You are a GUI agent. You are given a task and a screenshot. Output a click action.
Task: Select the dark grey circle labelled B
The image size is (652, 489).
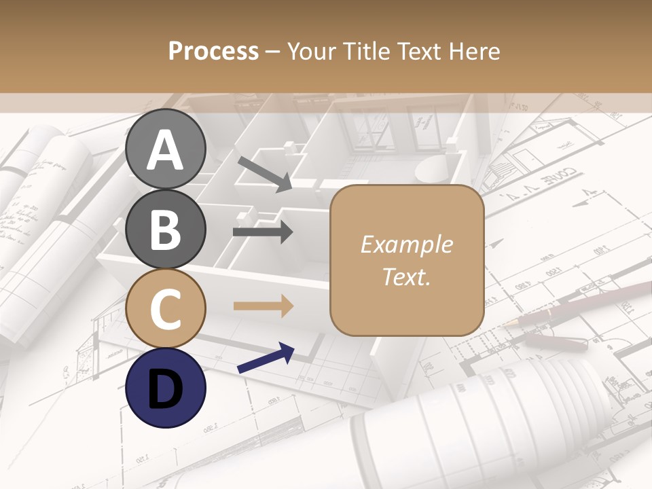[x=166, y=229]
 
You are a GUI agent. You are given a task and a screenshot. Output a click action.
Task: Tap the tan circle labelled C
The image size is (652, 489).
[x=166, y=308]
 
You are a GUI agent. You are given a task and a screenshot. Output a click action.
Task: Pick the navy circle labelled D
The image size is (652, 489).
[x=166, y=388]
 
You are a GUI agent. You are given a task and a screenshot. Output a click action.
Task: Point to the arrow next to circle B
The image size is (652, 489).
[x=263, y=232]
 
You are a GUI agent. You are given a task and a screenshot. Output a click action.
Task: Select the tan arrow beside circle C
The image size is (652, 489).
[x=264, y=306]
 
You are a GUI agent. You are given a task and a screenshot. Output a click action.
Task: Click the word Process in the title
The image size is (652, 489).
[x=213, y=52]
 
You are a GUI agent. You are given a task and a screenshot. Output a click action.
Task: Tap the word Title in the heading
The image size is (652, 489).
[x=367, y=52]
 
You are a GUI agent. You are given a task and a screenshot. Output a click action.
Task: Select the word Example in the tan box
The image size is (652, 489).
[x=406, y=244]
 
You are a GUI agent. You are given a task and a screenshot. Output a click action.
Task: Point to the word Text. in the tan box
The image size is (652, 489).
[x=406, y=276]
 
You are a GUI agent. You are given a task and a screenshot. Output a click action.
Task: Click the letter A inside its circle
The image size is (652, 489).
[x=166, y=150]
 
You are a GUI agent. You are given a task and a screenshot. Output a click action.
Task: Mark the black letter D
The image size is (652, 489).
[x=166, y=388]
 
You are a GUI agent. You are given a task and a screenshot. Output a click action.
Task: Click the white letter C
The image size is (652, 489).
[x=166, y=309]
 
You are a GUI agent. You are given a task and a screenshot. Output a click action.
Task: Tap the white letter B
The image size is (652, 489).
[x=166, y=230]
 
